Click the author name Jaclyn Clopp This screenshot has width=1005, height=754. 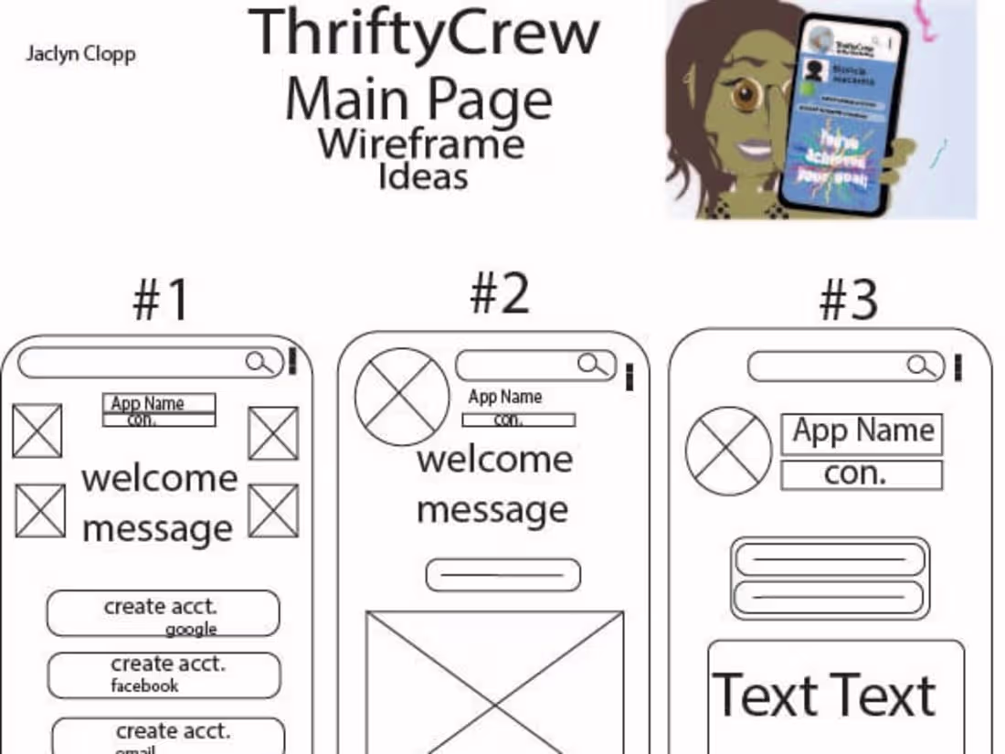click(x=80, y=54)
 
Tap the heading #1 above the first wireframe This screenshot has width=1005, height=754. click(x=162, y=300)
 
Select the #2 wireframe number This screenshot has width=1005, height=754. click(x=499, y=294)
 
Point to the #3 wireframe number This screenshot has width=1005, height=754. click(x=848, y=300)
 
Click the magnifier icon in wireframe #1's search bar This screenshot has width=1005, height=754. click(x=259, y=363)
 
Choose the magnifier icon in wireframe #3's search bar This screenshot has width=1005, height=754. click(x=924, y=367)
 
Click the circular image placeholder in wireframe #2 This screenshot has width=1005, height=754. click(x=402, y=397)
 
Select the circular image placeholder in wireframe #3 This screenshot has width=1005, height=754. click(x=728, y=451)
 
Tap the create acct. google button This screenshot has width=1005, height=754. click(x=163, y=613)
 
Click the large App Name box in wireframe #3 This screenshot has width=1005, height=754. click(x=862, y=432)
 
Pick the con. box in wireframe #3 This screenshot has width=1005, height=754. click(x=862, y=475)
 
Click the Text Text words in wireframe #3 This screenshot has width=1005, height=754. click(x=824, y=696)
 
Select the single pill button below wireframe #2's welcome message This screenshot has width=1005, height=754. click(x=503, y=576)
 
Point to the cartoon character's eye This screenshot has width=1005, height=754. click(x=747, y=95)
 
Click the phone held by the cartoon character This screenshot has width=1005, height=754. click(x=842, y=114)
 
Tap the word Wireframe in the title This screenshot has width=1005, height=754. click(x=421, y=144)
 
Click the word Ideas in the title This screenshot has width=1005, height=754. click(x=423, y=175)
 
